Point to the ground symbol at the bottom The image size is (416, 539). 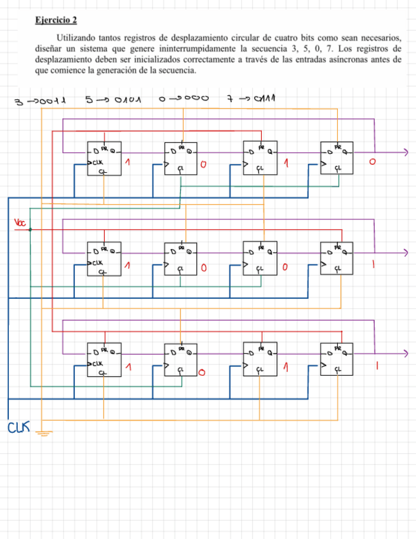click(44, 434)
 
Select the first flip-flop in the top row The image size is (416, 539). click(104, 158)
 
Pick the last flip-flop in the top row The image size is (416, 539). click(337, 158)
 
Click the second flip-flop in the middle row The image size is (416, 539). click(181, 259)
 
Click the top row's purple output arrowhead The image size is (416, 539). click(406, 153)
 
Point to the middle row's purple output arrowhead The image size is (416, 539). click(406, 253)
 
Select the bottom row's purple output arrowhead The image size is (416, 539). click(406, 353)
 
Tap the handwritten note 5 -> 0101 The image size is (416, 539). click(112, 100)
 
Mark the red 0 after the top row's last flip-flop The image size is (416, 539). click(373, 163)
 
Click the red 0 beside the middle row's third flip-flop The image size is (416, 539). click(285, 268)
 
